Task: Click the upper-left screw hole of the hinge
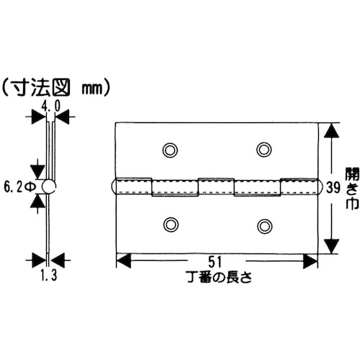(x=170, y=150)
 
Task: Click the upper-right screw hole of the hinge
(x=264, y=150)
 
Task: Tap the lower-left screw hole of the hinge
(x=170, y=225)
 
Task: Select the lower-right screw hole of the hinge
(x=264, y=225)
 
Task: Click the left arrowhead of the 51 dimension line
(x=122, y=260)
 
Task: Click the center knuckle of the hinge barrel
(x=216, y=187)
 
